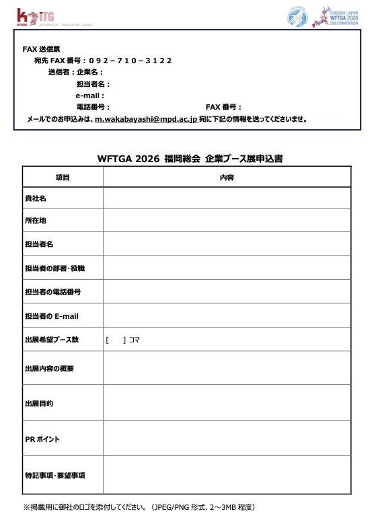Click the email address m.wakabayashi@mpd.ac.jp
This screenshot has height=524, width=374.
coord(145,118)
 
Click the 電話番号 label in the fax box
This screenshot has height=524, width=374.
coord(93,107)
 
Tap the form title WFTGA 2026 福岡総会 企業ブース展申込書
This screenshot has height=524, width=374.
coord(190,159)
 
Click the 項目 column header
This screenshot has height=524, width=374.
coord(63,177)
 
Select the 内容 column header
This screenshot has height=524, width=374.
coord(227,177)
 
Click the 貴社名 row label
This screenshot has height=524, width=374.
coord(35,198)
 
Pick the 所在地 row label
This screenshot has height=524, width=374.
coord(35,221)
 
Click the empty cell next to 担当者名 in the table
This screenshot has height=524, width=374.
coord(227,244)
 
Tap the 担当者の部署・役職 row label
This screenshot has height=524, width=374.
coord(54,268)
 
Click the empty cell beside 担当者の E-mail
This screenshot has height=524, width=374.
coord(227,315)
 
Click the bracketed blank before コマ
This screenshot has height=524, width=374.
coord(116,340)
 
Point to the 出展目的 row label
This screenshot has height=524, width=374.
coord(39,404)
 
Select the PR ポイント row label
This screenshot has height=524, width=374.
coord(42,439)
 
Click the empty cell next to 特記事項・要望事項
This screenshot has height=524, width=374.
coord(227,476)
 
